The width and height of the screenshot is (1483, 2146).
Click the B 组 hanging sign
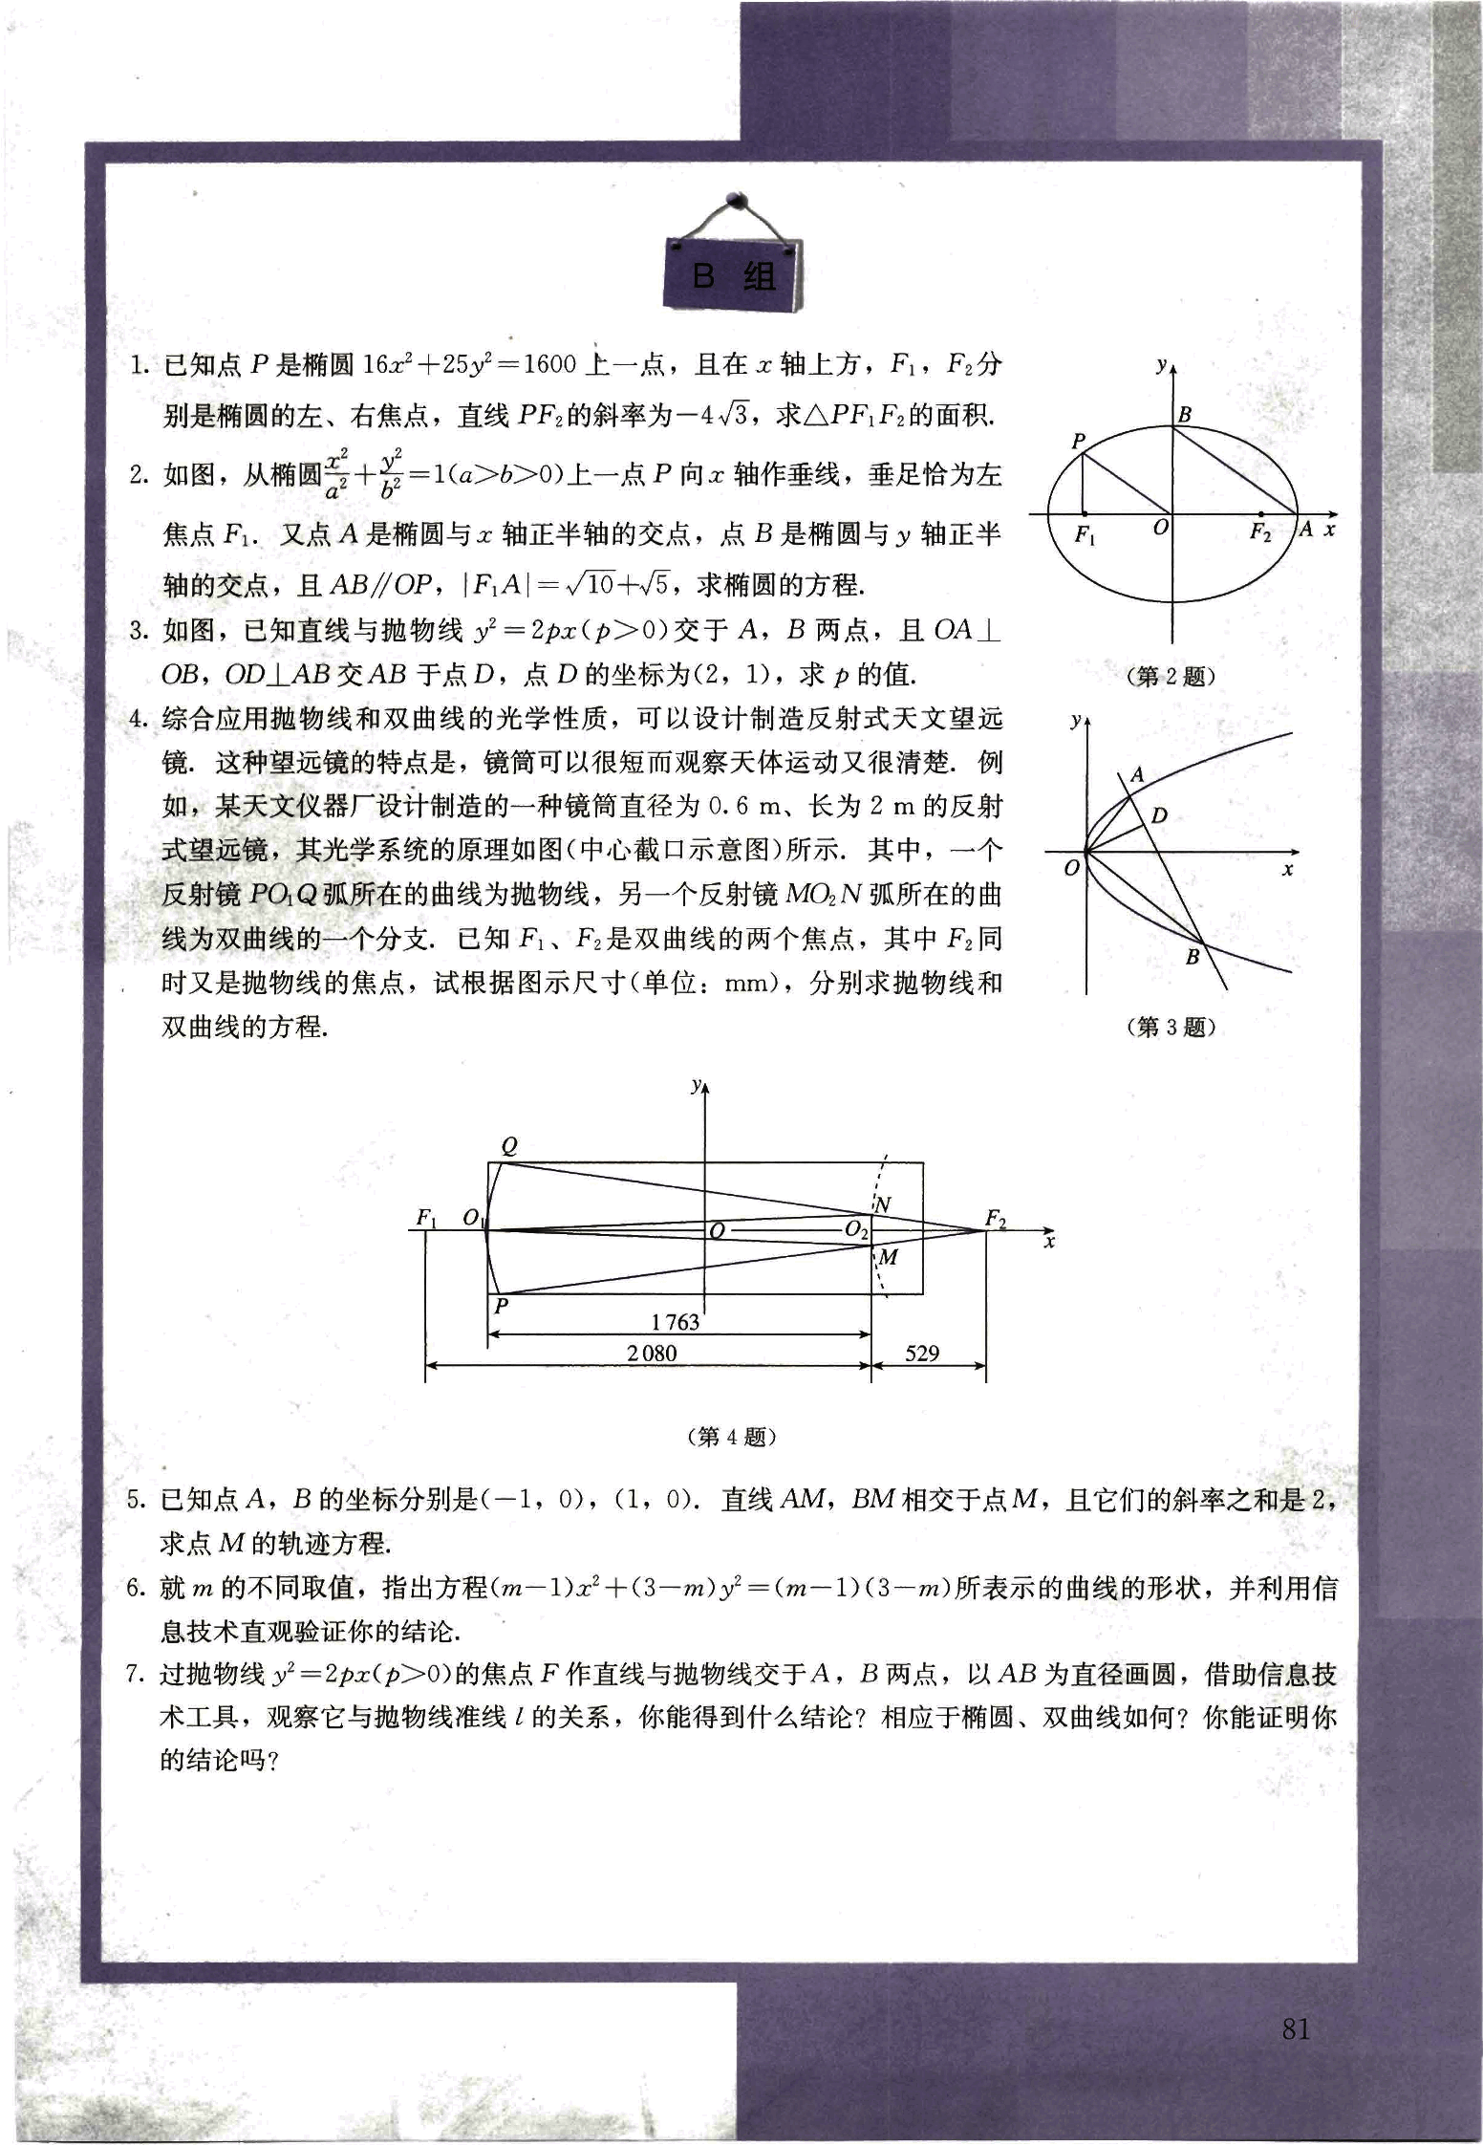[734, 275]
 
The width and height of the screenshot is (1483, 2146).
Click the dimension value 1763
[676, 1322]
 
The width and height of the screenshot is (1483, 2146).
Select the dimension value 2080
[652, 1353]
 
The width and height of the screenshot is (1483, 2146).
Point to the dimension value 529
[921, 1353]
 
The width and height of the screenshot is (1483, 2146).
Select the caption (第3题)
[1171, 1028]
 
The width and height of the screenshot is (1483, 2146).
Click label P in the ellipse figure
[1079, 441]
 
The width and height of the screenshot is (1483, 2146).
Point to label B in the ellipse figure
[1185, 415]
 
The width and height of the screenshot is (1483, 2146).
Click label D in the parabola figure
[1159, 815]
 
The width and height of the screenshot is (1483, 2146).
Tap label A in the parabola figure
[1137, 775]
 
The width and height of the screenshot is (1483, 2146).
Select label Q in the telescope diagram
[509, 1147]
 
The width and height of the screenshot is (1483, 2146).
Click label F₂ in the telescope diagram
[996, 1219]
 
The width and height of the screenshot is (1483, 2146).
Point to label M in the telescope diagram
[888, 1257]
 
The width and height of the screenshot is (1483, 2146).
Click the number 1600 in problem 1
[549, 364]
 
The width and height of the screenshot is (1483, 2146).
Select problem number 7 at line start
[135, 1675]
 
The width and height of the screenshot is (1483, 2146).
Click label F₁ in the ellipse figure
[1085, 535]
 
